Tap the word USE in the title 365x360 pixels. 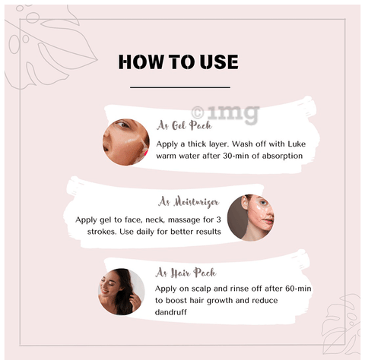(x=219, y=62)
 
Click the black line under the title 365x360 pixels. (x=180, y=87)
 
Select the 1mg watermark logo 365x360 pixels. (x=225, y=114)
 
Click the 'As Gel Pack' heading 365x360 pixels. (x=184, y=125)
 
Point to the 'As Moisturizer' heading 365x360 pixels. (x=189, y=202)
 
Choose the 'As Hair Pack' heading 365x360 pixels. (x=186, y=273)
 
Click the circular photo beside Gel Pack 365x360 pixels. (x=126, y=142)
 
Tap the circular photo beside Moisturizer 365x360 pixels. (x=251, y=218)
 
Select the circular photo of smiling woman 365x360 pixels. (x=122, y=292)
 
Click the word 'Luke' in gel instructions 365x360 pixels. (x=297, y=144)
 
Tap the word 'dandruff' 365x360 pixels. (x=171, y=312)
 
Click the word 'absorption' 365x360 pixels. (x=282, y=156)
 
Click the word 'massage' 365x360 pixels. (x=184, y=220)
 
